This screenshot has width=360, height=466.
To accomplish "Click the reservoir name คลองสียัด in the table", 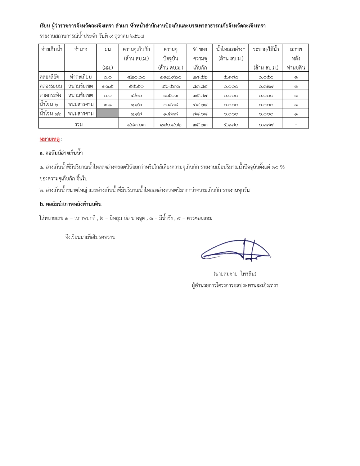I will pyautogui.click(x=50, y=77).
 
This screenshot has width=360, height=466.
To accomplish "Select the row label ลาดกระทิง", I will pyautogui.click(x=50, y=95).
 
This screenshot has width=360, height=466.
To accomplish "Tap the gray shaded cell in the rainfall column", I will pyautogui.click(x=108, y=113).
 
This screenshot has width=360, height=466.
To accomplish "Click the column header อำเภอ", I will pyautogui.click(x=81, y=49).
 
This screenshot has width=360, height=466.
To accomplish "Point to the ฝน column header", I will pyautogui.click(x=108, y=49).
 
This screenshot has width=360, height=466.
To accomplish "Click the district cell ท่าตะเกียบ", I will pyautogui.click(x=81, y=77).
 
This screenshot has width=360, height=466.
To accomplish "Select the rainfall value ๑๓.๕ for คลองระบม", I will pyautogui.click(x=108, y=86).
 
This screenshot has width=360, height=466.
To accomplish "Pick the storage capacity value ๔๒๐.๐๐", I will pyautogui.click(x=136, y=77).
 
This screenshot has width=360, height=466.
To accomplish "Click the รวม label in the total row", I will pyautogui.click(x=78, y=124).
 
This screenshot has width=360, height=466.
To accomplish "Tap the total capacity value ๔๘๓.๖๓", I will pyautogui.click(x=136, y=125).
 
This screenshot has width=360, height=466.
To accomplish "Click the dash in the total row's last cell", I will pyautogui.click(x=296, y=125).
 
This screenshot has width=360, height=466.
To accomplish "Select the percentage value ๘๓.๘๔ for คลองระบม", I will pyautogui.click(x=200, y=86).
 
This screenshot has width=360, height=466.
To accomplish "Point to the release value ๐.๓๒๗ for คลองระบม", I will pyautogui.click(x=266, y=86).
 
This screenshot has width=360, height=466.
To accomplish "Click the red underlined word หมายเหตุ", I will pyautogui.click(x=50, y=139).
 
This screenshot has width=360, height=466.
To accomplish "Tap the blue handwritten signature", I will pyautogui.click(x=236, y=250).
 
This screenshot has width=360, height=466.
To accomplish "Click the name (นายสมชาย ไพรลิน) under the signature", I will pyautogui.click(x=235, y=274).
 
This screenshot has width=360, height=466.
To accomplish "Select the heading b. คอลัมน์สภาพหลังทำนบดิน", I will pyautogui.click(x=71, y=204).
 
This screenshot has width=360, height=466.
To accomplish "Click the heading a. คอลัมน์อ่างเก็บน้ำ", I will pyautogui.click(x=61, y=153).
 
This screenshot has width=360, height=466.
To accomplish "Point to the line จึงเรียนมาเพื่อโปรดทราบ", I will pyautogui.click(x=90, y=237).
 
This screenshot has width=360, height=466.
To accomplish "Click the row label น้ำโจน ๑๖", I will pyautogui.click(x=50, y=113).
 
